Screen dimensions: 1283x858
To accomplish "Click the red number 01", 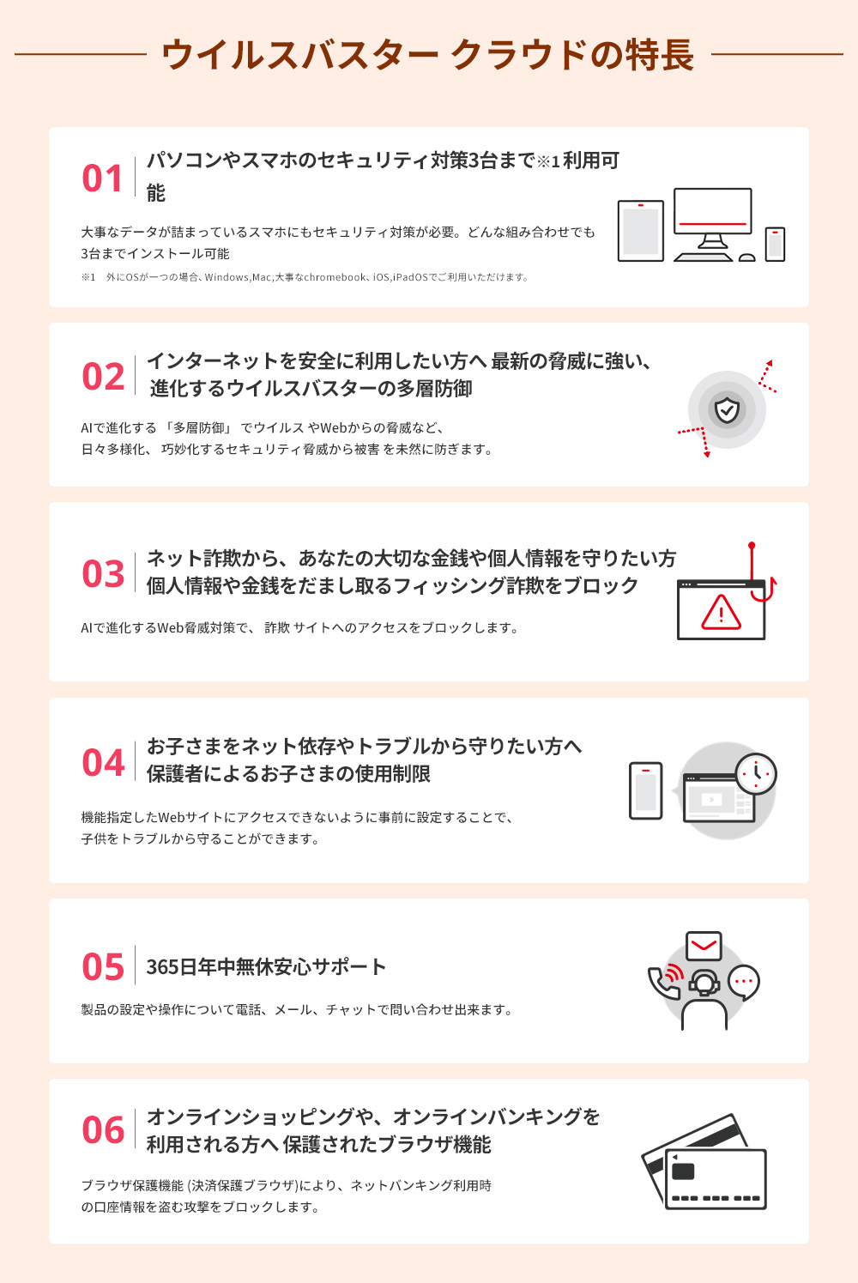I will click(x=103, y=179).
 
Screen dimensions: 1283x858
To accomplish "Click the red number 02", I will click(x=103, y=377).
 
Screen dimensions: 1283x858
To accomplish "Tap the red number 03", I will click(x=103, y=574).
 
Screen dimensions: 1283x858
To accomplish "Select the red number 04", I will click(x=103, y=763).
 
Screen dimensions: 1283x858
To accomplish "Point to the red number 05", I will click(x=103, y=967).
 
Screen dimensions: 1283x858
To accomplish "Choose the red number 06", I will click(x=103, y=1130).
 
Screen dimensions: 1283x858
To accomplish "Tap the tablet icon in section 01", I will click(x=641, y=231).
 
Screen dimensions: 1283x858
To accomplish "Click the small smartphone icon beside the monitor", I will click(x=775, y=244).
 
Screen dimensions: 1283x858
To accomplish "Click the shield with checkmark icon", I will click(x=727, y=410).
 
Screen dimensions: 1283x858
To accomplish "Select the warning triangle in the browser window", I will click(x=721, y=613).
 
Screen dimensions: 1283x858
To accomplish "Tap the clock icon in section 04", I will click(x=756, y=773).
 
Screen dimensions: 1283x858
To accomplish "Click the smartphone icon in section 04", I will click(x=646, y=790).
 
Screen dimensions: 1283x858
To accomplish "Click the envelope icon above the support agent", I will click(x=704, y=946).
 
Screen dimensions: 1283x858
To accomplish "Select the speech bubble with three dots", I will click(x=743, y=982).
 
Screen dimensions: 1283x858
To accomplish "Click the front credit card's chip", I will click(x=683, y=1171).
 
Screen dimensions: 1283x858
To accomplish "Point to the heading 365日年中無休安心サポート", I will click(x=266, y=967).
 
